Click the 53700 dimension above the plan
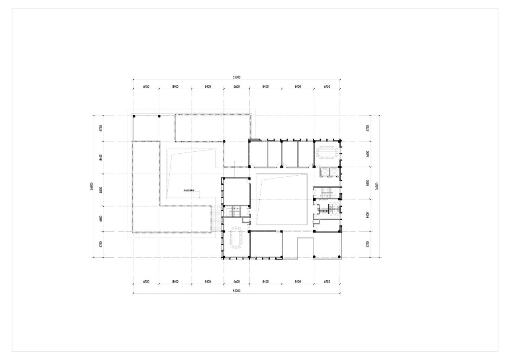pos(236,77)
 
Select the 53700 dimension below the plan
pos(236,291)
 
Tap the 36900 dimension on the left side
pos(91,186)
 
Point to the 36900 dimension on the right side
pos(377,186)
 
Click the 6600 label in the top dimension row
pos(236,86)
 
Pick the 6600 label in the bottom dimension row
pos(236,282)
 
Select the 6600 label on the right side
pos(368,154)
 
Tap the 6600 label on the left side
pos(101,219)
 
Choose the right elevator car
pos(334,172)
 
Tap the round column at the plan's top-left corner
pos(134,116)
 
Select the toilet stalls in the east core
pos(330,209)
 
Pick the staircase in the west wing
pos(235,211)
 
